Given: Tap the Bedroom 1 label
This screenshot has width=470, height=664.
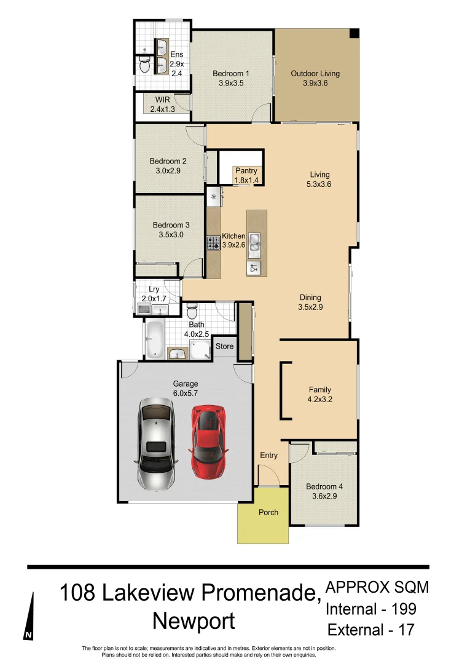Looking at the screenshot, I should click(x=231, y=74).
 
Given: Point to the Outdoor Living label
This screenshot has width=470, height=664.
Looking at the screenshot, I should click(x=315, y=74).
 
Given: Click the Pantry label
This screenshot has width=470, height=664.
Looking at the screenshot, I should click(x=246, y=171).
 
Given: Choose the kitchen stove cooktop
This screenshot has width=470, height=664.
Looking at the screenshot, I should click(x=213, y=243).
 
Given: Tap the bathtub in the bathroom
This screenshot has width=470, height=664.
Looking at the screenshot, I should click(x=154, y=339).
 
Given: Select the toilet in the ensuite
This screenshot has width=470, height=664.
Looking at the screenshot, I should click(x=144, y=64).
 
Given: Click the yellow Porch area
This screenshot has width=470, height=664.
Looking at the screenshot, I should click(x=263, y=516).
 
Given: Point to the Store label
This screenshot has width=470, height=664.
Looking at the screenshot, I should click(x=225, y=347).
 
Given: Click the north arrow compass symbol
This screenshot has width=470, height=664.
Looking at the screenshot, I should click(x=29, y=617).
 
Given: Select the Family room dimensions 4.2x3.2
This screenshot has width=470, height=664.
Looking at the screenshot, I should click(x=319, y=398).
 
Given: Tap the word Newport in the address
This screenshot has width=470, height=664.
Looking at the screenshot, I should click(x=194, y=621).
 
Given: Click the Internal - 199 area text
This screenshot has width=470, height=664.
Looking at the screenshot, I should click(x=371, y=609).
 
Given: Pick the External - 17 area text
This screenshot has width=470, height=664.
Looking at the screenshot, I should click(x=371, y=630).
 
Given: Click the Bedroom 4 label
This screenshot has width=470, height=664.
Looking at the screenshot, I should click(x=324, y=487).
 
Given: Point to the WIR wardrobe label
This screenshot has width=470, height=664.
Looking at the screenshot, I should click(x=162, y=100).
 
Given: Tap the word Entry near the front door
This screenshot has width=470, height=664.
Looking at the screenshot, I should click(x=268, y=456).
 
